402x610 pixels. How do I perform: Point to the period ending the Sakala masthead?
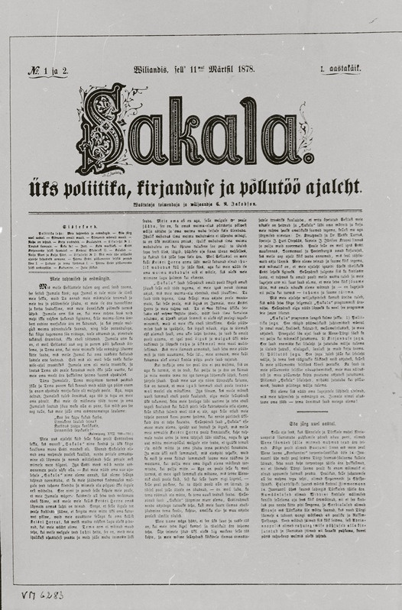(x=309, y=158)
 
